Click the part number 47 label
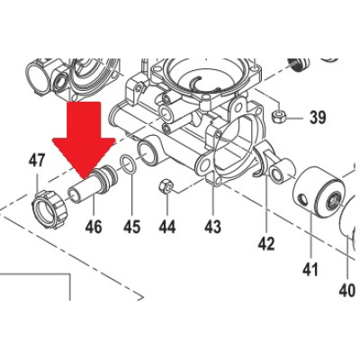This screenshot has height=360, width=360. pyautogui.click(x=37, y=162)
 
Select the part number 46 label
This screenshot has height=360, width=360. pyautogui.click(x=94, y=227)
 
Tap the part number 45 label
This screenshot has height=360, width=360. pyautogui.click(x=131, y=227)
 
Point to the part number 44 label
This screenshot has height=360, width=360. pyautogui.click(x=167, y=227)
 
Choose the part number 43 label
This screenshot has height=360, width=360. pyautogui.click(x=212, y=227)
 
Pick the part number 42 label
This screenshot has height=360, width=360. pyautogui.click(x=266, y=244)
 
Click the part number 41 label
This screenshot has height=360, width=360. pyautogui.click(x=310, y=269)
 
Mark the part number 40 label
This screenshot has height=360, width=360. pyautogui.click(x=347, y=290)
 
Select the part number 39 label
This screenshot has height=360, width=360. pyautogui.click(x=318, y=117)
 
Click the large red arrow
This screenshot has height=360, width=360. pyautogui.click(x=84, y=135)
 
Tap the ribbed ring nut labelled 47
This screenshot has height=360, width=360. pyautogui.click(x=49, y=209)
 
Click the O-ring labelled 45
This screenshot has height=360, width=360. pyautogui.click(x=129, y=165)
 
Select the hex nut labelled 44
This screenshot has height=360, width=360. pyautogui.click(x=166, y=187)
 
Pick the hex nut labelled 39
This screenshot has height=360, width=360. pyautogui.click(x=279, y=117)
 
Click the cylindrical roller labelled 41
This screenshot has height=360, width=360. pyautogui.click(x=318, y=191)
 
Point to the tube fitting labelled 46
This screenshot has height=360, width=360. pyautogui.click(x=93, y=184)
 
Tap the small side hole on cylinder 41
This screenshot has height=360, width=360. pyautogui.click(x=303, y=200)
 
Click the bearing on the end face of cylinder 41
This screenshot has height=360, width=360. pyautogui.click(x=334, y=202)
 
